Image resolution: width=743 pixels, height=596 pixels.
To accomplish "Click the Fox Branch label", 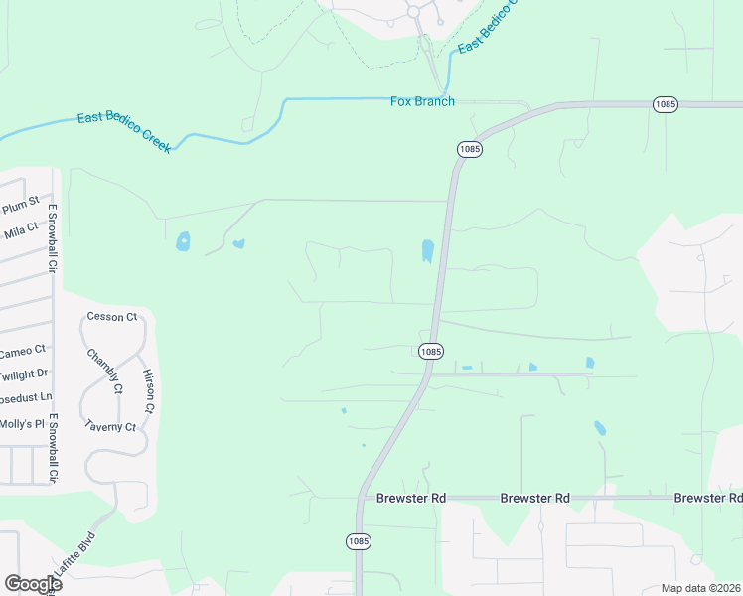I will tap(422, 101).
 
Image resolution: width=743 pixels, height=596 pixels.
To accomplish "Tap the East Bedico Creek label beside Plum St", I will tap(124, 132).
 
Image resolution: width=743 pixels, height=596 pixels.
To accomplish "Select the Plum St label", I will tap(21, 206).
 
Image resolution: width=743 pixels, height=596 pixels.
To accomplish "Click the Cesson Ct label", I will tap(111, 317).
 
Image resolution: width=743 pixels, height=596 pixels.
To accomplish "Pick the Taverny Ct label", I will tap(110, 427).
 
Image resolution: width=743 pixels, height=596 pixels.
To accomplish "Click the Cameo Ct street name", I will tap(22, 351).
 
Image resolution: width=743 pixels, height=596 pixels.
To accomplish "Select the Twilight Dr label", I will tap(23, 373).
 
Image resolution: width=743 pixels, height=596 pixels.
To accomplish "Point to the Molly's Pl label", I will tap(22, 424).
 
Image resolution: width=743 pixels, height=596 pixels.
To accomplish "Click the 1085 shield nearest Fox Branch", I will tap(470, 148).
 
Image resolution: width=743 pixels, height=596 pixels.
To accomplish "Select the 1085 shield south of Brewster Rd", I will tap(359, 541).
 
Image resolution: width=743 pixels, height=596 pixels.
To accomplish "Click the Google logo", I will tap(33, 584).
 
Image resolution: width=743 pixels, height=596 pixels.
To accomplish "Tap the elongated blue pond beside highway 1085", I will tap(427, 251).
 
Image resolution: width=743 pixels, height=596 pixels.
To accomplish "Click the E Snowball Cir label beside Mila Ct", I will tap(54, 239).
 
